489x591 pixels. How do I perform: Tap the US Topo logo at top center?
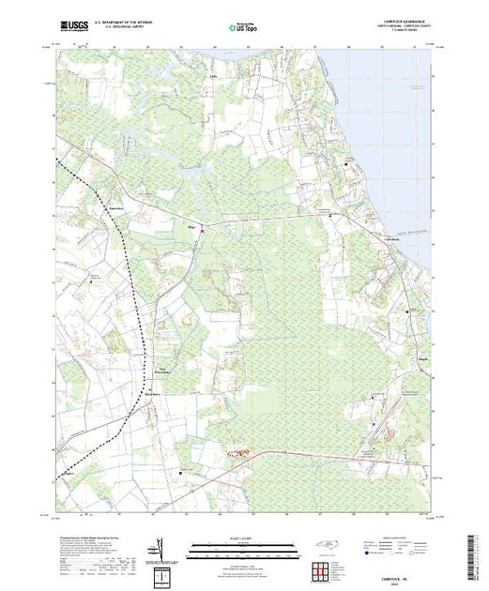pyautogui.click(x=243, y=28)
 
